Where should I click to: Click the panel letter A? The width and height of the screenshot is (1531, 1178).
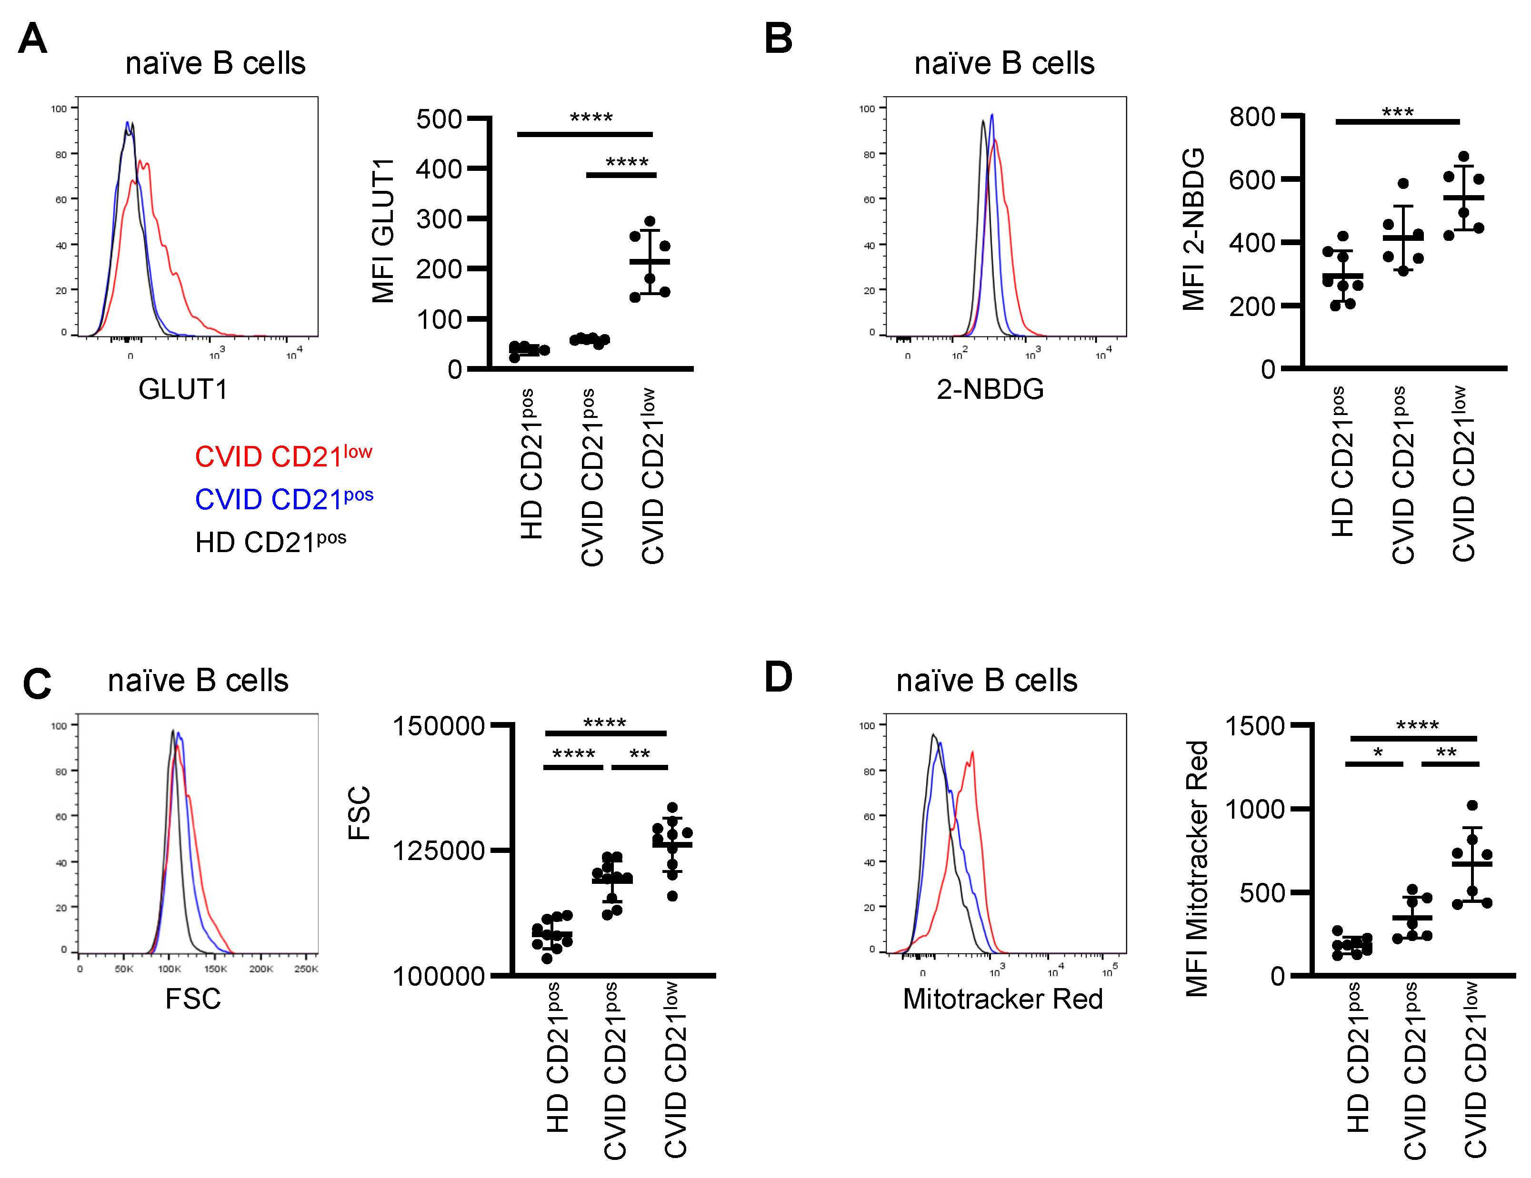[x=32, y=38]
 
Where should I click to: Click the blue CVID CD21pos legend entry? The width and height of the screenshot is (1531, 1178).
[x=283, y=498]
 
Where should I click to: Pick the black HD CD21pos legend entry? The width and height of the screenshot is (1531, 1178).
[x=270, y=541]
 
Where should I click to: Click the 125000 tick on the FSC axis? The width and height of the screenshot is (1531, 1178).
[x=438, y=850]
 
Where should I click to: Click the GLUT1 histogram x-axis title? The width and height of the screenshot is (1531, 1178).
[x=183, y=389]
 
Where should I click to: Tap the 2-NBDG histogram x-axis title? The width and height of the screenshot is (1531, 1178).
[x=990, y=389]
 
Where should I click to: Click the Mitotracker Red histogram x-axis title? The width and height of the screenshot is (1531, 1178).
[x=1002, y=999]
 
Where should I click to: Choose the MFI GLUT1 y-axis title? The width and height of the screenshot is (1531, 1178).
[x=383, y=231]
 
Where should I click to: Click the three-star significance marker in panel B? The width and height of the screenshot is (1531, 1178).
[x=1397, y=112]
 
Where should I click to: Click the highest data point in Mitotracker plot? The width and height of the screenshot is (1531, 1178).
[x=1472, y=805]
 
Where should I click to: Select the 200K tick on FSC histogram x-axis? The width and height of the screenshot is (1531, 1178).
[x=261, y=969]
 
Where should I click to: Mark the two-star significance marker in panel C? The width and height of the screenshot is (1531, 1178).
[x=640, y=754]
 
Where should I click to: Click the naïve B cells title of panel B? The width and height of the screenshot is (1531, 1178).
[x=1004, y=63]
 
